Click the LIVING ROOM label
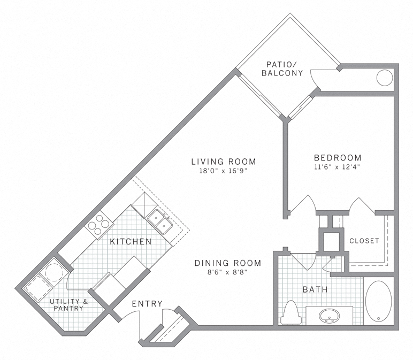pyautogui.click(x=224, y=162)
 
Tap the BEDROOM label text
pyautogui.click(x=338, y=158)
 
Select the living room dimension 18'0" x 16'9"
pyautogui.click(x=224, y=172)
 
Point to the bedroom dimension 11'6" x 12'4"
pyautogui.click(x=338, y=168)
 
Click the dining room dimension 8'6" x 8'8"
pyautogui.click(x=227, y=273)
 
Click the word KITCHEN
pyautogui.click(x=131, y=242)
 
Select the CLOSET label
pyautogui.click(x=364, y=241)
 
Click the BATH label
pyautogui.click(x=315, y=290)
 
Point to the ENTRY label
pyautogui.click(x=147, y=304)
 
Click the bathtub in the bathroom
pyautogui.click(x=379, y=301)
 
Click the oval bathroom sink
pyautogui.click(x=328, y=316)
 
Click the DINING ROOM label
pyautogui.click(x=227, y=263)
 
